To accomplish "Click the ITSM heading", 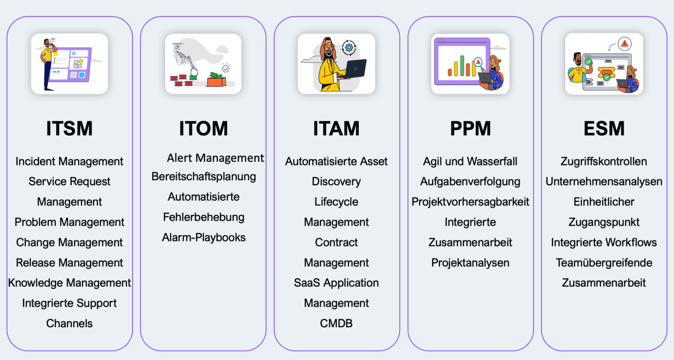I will click(x=69, y=128).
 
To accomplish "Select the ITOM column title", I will click(x=203, y=128).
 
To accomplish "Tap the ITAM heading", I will click(x=336, y=128).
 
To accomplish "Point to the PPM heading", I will click(x=470, y=128).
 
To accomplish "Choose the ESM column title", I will click(x=604, y=128).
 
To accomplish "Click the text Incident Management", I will click(x=69, y=161).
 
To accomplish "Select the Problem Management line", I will click(x=69, y=222).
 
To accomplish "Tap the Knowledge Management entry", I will click(x=69, y=283).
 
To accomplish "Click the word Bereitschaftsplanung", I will click(x=203, y=176).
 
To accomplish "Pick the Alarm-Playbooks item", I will click(x=203, y=237).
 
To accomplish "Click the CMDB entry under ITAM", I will click(x=336, y=323).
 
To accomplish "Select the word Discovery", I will click(x=336, y=182).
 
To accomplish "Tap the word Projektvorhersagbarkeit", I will click(x=470, y=202).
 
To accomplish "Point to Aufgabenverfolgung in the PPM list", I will click(x=470, y=182).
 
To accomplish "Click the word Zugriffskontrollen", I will click(x=604, y=161).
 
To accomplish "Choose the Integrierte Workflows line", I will click(x=604, y=242).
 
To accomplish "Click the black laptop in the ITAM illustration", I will click(x=352, y=69).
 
